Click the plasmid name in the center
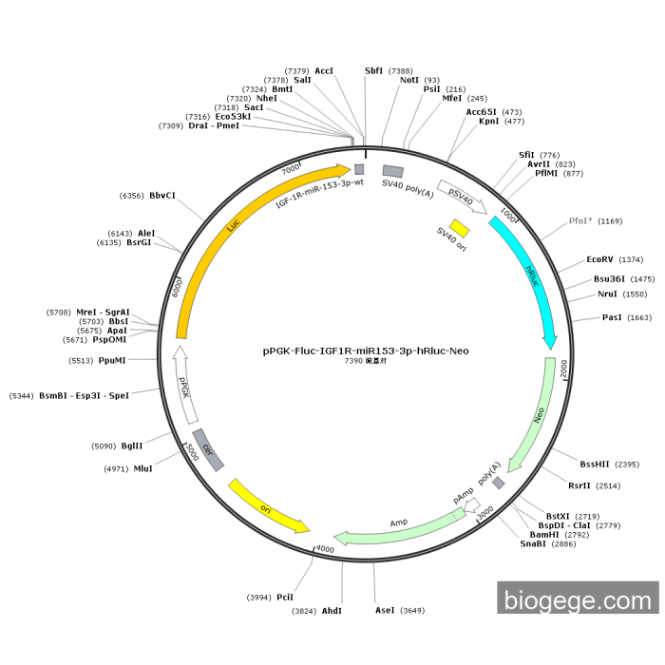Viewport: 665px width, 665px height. click(366, 351)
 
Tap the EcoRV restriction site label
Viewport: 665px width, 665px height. click(600, 259)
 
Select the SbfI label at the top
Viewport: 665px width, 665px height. click(375, 70)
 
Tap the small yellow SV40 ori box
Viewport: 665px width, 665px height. click(460, 228)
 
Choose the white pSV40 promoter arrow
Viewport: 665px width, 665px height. click(462, 195)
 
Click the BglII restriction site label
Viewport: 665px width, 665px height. click(131, 446)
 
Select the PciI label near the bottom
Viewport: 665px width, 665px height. click(285, 597)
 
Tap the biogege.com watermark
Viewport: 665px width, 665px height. click(577, 600)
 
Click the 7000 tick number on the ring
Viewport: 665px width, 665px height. click(291, 168)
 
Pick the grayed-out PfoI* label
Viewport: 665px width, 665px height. click(580, 220)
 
